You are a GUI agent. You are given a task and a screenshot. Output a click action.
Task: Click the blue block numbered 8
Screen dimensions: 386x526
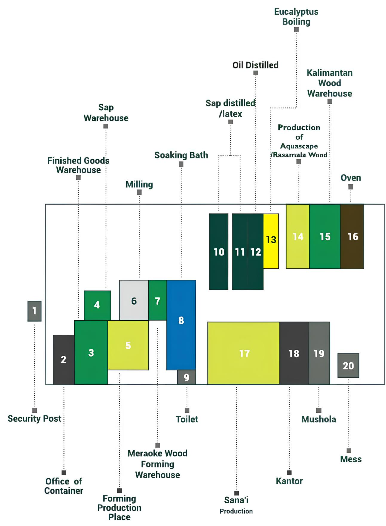click(181, 325)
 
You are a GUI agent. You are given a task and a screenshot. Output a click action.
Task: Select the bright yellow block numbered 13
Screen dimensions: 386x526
click(271, 241)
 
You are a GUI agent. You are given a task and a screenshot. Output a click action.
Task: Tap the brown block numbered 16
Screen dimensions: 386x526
click(352, 236)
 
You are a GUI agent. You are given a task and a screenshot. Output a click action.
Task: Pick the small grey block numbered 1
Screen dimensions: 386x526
click(34, 311)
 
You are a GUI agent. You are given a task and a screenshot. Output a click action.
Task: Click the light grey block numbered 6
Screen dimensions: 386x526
click(134, 300)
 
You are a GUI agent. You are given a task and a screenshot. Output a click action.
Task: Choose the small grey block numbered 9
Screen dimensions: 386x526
click(186, 377)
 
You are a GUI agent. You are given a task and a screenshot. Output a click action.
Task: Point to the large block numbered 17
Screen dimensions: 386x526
click(244, 353)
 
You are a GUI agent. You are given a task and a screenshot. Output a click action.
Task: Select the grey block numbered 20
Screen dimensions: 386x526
click(348, 366)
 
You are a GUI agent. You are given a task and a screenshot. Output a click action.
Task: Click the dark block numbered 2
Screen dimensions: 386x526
click(64, 360)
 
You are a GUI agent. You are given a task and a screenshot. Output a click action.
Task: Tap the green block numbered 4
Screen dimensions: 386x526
click(97, 305)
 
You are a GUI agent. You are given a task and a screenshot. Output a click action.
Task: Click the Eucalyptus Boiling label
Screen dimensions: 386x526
click(296, 17)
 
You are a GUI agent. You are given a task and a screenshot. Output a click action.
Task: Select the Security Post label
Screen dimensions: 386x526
click(35, 419)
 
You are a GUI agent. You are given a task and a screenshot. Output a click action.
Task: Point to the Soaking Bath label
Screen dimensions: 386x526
click(181, 155)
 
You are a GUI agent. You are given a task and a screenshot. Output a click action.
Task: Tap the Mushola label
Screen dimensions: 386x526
click(319, 419)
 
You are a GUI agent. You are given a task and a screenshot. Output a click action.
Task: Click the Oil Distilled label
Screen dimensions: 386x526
click(255, 65)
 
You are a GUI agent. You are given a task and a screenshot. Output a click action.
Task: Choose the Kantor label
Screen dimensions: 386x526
click(289, 481)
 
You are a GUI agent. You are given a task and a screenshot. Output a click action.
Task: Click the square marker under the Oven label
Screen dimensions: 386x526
click(351, 187)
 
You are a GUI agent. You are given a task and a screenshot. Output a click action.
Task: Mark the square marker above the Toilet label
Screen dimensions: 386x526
click(187, 410)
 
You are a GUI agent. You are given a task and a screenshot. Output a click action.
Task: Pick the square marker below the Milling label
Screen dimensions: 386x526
click(139, 192)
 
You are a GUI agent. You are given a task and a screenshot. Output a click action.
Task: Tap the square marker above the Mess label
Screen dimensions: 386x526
click(349, 451)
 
